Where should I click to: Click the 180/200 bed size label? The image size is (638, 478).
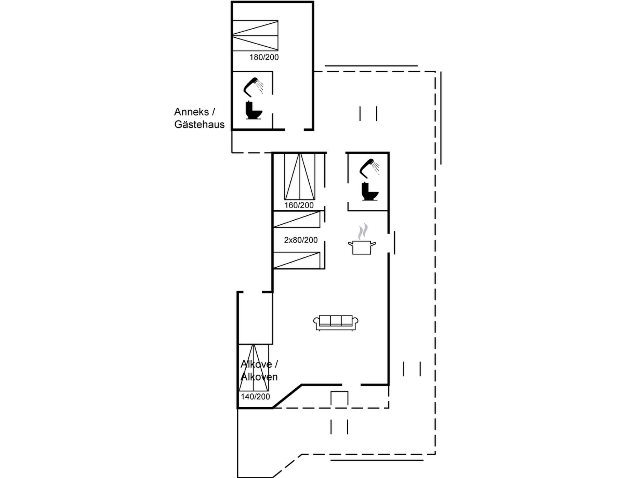[264, 57]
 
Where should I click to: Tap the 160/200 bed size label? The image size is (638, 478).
[299, 205]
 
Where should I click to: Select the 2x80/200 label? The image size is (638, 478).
[301, 240]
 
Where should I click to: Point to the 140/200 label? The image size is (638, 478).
[255, 396]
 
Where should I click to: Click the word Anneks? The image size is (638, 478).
[191, 112]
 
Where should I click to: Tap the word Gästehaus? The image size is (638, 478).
[199, 124]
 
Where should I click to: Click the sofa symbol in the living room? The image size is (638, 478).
[336, 323]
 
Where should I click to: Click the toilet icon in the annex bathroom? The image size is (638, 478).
[253, 110]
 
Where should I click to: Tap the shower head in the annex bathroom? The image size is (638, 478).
[253, 87]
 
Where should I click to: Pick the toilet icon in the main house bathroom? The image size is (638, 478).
[369, 191]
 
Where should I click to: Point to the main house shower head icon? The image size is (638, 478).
[369, 168]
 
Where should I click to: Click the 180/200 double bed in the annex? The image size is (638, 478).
[255, 35]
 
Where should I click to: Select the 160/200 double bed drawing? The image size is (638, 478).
[299, 176]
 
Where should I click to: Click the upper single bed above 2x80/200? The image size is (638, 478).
[297, 219]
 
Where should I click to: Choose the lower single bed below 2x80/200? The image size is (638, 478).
[297, 260]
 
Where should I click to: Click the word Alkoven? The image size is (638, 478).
[259, 377]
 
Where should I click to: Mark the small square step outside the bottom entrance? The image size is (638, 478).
[339, 398]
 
